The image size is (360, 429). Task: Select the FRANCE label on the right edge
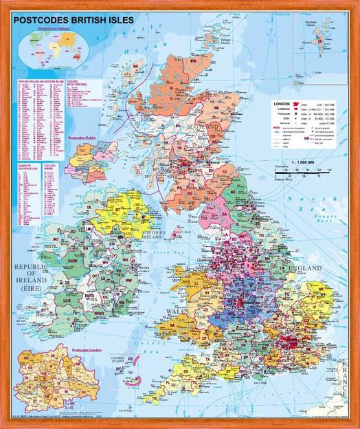[346, 385]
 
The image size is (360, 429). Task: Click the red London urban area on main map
[294, 342]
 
